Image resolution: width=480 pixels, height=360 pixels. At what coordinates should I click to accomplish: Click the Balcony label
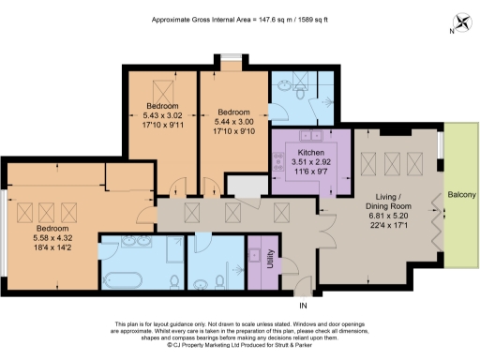tap(462, 194)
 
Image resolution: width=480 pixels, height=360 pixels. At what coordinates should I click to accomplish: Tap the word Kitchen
tap(310, 152)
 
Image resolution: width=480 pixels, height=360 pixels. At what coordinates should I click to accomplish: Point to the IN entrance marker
tap(302, 306)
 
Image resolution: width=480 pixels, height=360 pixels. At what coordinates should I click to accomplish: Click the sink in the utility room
tap(252, 252)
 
